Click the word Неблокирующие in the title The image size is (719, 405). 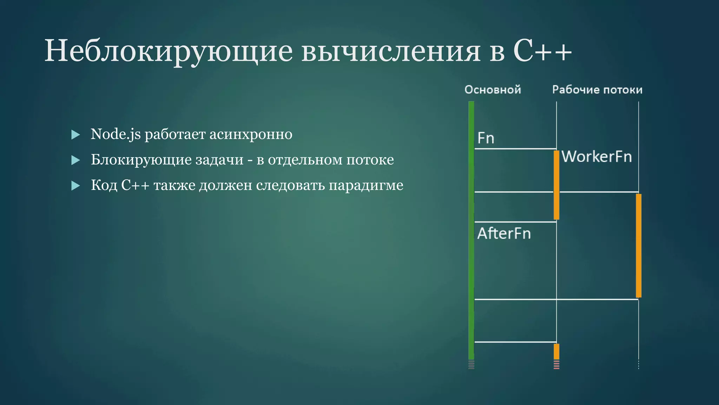(x=169, y=51)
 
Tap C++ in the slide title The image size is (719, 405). (x=542, y=51)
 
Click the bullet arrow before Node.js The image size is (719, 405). (x=75, y=135)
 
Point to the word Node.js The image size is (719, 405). (x=116, y=134)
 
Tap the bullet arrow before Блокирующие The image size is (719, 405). (x=75, y=160)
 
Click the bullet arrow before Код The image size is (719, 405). (x=75, y=186)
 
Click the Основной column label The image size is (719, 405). (x=493, y=90)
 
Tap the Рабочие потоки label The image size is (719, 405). (x=597, y=90)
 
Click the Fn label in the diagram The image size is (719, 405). (x=486, y=138)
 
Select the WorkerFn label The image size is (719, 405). (x=596, y=156)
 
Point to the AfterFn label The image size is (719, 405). (x=504, y=233)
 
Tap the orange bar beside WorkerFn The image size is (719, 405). (x=556, y=185)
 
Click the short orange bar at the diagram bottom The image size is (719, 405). (x=556, y=351)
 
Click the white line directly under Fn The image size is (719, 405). (x=515, y=149)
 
